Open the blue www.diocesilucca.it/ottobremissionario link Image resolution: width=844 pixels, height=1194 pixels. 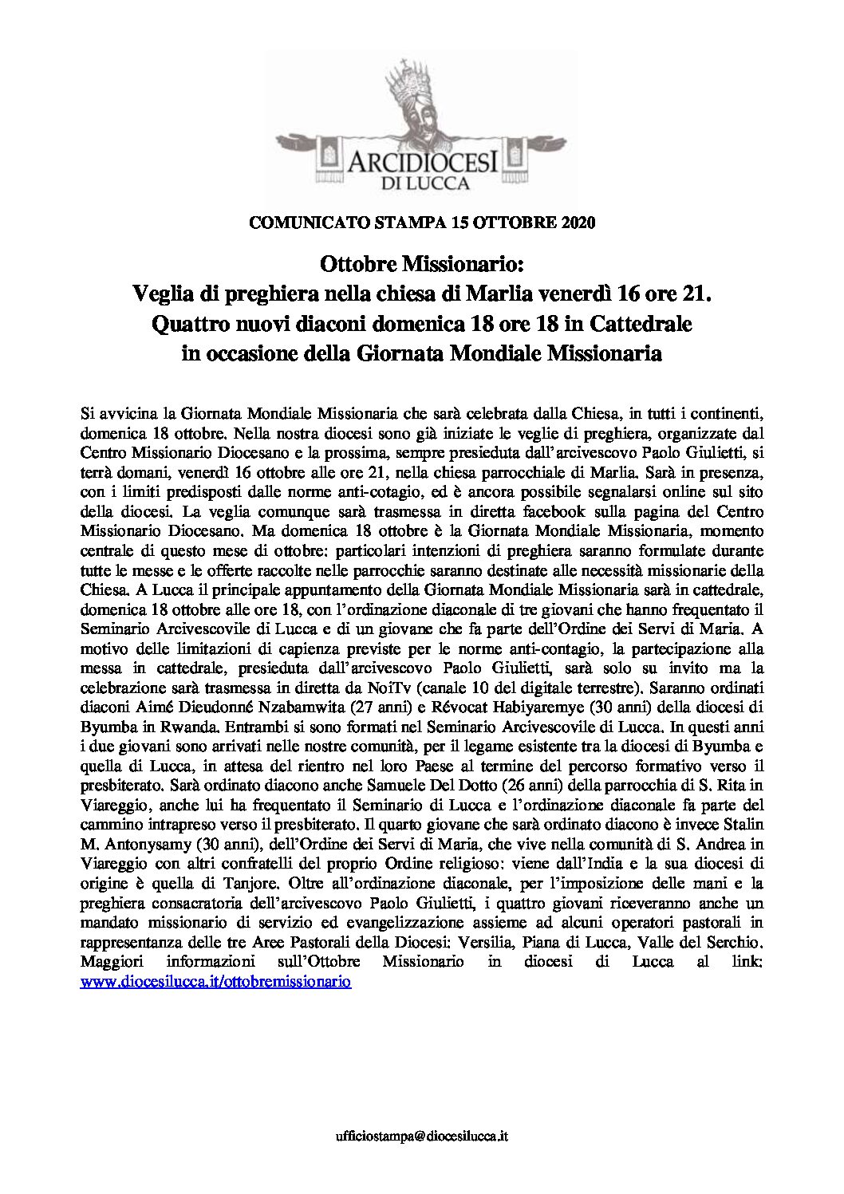click(x=216, y=983)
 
